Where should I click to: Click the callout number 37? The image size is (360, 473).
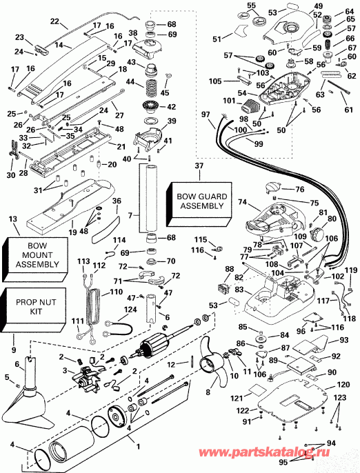click(x=199, y=166)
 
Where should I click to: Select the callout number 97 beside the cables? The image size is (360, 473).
click(x=205, y=114)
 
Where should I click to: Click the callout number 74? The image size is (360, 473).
click(x=241, y=203)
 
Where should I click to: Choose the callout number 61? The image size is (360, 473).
click(x=348, y=109)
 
